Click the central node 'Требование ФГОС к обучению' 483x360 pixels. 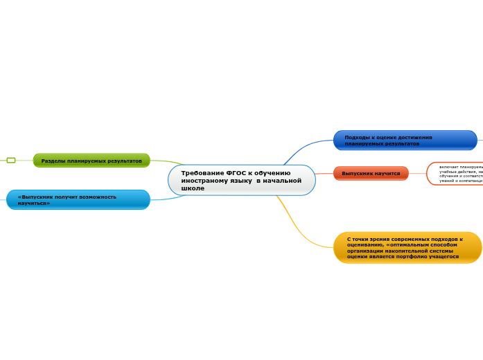(241, 180)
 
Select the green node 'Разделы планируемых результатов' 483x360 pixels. (91, 161)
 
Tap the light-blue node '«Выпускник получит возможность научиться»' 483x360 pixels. (78, 199)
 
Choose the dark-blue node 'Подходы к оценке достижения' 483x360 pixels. (405, 141)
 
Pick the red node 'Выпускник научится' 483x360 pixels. (371, 173)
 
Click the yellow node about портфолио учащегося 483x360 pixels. (407, 247)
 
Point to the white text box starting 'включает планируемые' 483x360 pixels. (457, 173)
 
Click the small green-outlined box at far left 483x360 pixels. (11, 161)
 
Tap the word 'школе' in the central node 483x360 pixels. (193, 188)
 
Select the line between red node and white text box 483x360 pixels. (417, 173)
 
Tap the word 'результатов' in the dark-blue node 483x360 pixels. (401, 144)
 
